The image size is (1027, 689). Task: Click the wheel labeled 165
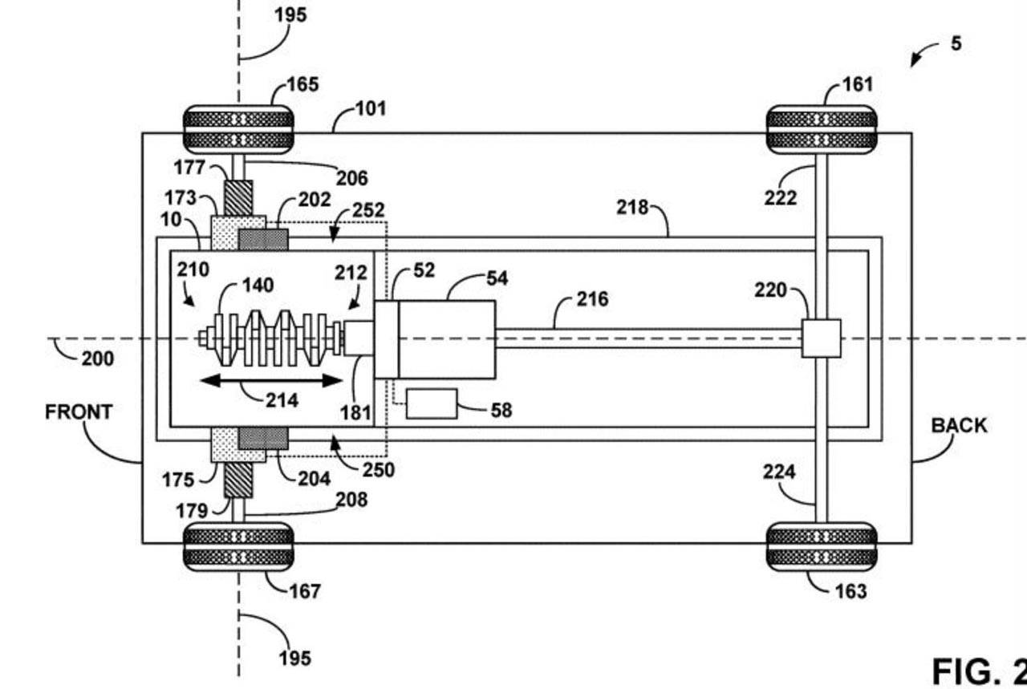[x=238, y=130]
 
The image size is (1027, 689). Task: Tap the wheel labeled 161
[x=822, y=130]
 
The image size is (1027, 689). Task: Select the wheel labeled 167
[x=238, y=547]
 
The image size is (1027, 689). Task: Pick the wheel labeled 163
[x=822, y=547]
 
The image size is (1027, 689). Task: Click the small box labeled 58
[x=432, y=404]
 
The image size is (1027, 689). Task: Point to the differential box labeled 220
[x=821, y=338]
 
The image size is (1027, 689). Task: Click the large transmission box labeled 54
[x=447, y=339]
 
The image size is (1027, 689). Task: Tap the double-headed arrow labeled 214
[x=271, y=380]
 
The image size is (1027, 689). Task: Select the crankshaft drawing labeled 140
[x=270, y=338]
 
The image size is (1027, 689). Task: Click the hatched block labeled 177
[x=238, y=198]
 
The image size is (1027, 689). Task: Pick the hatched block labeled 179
[x=238, y=480]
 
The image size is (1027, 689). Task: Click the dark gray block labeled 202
[x=263, y=239]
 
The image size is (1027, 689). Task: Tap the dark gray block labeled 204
[x=263, y=439]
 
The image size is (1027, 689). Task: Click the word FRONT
[x=79, y=411]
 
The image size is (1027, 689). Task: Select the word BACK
[x=959, y=426]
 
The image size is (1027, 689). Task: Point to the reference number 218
[x=632, y=207]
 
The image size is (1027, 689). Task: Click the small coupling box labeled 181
[x=359, y=338]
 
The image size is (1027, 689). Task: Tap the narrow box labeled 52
[x=387, y=339]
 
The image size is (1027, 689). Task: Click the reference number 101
[x=371, y=108]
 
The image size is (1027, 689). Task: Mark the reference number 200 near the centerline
[x=98, y=359]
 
